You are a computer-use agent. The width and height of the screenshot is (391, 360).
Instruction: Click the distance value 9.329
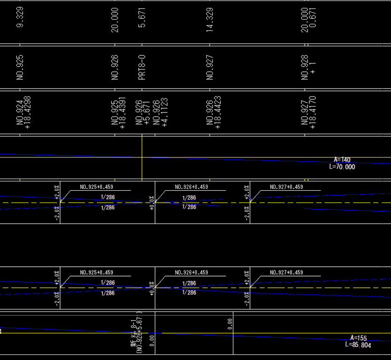pos(20,17)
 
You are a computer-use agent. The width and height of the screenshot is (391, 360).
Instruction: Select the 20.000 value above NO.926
pos(115,20)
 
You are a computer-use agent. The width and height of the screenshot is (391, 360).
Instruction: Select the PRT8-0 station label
pos(142,67)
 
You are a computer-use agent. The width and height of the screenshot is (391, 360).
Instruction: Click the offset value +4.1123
pos(164,112)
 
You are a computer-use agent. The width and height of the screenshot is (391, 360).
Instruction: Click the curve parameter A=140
pos(342,160)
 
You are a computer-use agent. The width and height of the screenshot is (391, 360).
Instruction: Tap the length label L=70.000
pos(342,167)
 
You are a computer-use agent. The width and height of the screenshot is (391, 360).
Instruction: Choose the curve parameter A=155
pos(359,338)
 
